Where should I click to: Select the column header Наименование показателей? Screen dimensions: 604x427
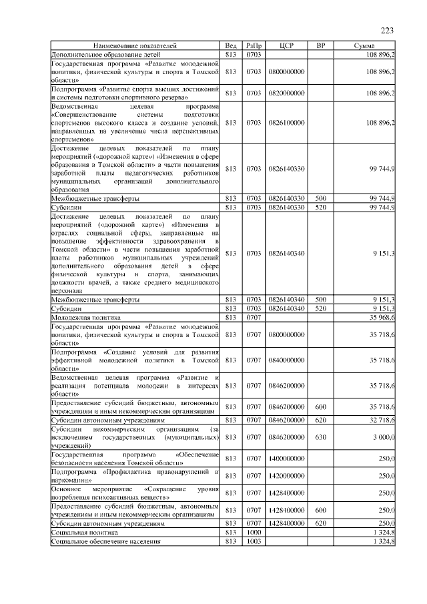135,45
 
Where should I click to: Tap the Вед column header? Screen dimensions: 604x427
232,45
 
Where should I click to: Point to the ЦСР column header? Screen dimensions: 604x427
286,45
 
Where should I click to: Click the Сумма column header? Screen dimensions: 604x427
367,45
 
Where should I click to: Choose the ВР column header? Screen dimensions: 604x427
320,45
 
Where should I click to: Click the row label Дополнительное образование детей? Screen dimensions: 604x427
105,53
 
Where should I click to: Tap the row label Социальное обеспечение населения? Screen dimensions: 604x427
106,541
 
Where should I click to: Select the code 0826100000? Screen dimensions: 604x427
286,122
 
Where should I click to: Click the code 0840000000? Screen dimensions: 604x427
286,360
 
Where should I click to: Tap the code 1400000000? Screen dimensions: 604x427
286,459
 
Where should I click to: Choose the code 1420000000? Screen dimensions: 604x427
286,476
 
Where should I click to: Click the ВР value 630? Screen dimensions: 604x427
320,437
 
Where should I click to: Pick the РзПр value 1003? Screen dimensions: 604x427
253,541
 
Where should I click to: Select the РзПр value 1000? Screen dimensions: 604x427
253,533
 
